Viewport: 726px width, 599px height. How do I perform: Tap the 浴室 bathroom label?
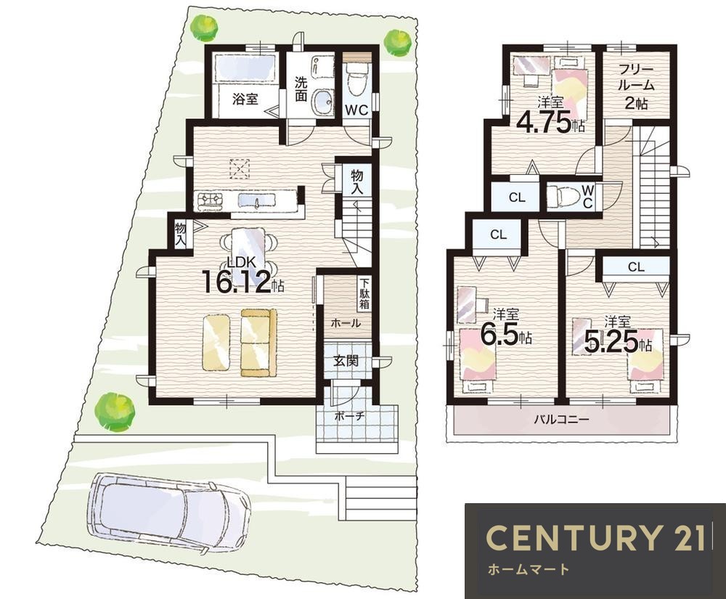(x=245, y=99)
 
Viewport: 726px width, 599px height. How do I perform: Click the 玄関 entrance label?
(x=346, y=360)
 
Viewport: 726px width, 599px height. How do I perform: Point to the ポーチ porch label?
(x=350, y=416)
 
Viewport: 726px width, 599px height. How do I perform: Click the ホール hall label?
(x=345, y=323)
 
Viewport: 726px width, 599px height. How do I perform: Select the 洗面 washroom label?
(x=301, y=89)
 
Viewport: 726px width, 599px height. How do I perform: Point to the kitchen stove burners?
(x=211, y=200)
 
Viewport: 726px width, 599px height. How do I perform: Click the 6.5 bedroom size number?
(x=499, y=335)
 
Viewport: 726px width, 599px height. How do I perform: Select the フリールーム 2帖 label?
(x=636, y=87)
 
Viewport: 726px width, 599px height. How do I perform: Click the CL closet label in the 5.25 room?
(x=636, y=267)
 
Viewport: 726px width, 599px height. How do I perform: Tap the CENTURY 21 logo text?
(x=595, y=538)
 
